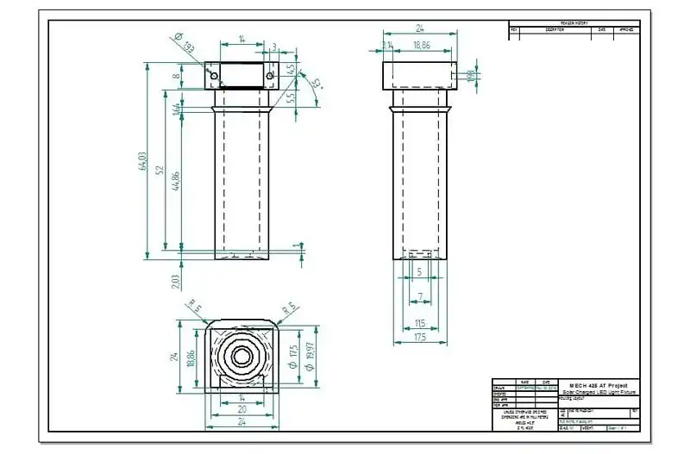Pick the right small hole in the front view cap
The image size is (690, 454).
click(x=270, y=78)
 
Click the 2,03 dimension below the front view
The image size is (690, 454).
click(x=177, y=281)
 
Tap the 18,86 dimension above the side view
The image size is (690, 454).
click(x=422, y=45)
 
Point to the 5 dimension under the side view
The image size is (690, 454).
click(x=419, y=272)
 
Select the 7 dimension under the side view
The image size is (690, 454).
click(x=419, y=297)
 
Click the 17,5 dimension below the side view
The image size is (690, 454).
click(x=420, y=338)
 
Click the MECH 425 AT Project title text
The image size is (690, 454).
click(x=599, y=384)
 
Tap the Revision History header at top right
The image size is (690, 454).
click(x=574, y=24)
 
